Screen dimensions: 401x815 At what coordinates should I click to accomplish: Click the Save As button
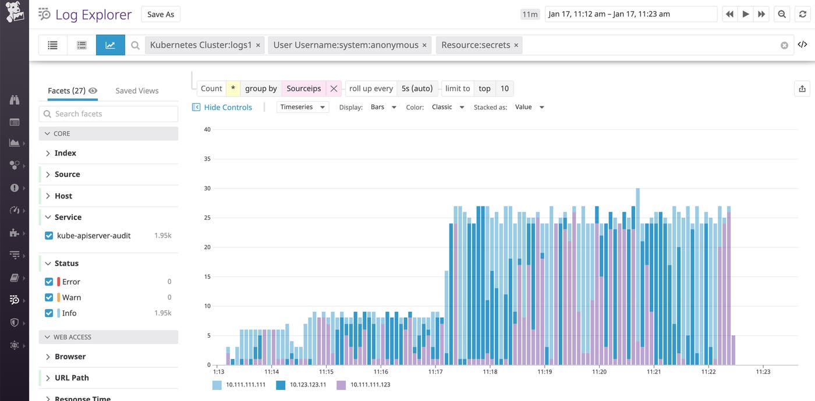point(161,15)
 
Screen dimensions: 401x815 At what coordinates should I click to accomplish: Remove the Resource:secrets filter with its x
point(516,45)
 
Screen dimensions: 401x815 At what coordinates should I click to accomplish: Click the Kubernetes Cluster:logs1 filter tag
point(200,45)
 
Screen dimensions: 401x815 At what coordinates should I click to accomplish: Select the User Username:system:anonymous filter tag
point(345,45)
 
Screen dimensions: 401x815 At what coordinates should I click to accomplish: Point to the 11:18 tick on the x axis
point(490,371)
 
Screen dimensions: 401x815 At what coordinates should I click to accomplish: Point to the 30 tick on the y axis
point(207,189)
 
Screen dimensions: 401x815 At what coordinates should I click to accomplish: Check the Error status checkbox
point(49,282)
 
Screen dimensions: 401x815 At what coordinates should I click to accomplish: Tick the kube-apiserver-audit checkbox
point(49,236)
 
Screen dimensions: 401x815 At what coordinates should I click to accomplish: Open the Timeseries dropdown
point(303,107)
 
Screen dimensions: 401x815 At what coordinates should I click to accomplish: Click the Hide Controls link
point(228,107)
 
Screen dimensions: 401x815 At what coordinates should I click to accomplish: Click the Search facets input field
point(108,114)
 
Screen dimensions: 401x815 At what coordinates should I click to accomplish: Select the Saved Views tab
point(137,91)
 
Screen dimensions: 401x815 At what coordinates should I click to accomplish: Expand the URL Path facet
point(72,378)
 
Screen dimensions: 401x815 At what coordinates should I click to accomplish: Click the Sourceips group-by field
point(303,88)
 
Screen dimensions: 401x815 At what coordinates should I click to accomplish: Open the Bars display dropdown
point(384,107)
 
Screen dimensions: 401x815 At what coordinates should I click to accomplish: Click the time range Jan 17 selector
point(630,15)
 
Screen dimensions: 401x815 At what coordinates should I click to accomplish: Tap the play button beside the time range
point(745,15)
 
